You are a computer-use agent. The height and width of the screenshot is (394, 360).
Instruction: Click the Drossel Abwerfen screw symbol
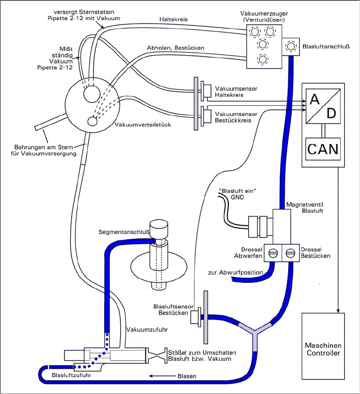click(272, 253)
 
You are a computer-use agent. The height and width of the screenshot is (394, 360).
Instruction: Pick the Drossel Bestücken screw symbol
click(290, 253)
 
